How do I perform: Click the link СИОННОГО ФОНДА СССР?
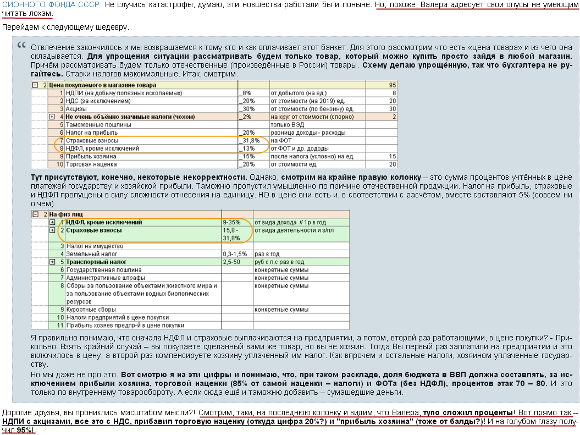point(52,4)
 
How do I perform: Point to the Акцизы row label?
point(77,109)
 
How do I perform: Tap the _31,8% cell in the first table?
point(250,141)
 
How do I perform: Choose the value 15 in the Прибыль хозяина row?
point(392,156)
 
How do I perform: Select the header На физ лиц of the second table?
point(64,214)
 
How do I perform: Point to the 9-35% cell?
point(231,222)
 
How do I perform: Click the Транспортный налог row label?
point(96,262)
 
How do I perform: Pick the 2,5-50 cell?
point(233,262)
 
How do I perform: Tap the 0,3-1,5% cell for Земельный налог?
point(235,254)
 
